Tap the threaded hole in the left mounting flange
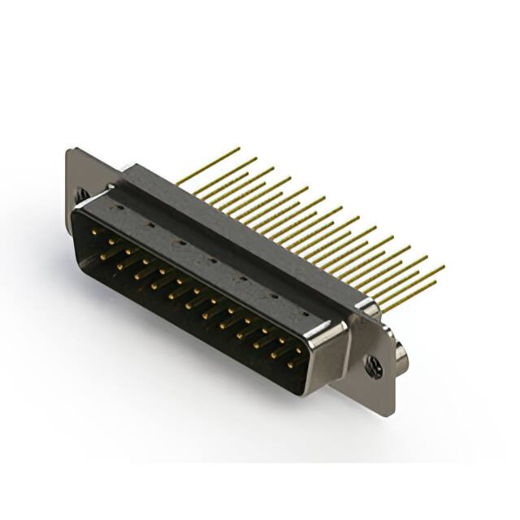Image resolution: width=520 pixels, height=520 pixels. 80,194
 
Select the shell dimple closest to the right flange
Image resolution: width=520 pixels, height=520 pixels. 301,306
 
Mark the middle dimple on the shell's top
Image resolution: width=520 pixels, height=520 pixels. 210,261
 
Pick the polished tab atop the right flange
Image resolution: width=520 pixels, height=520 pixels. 368,308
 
